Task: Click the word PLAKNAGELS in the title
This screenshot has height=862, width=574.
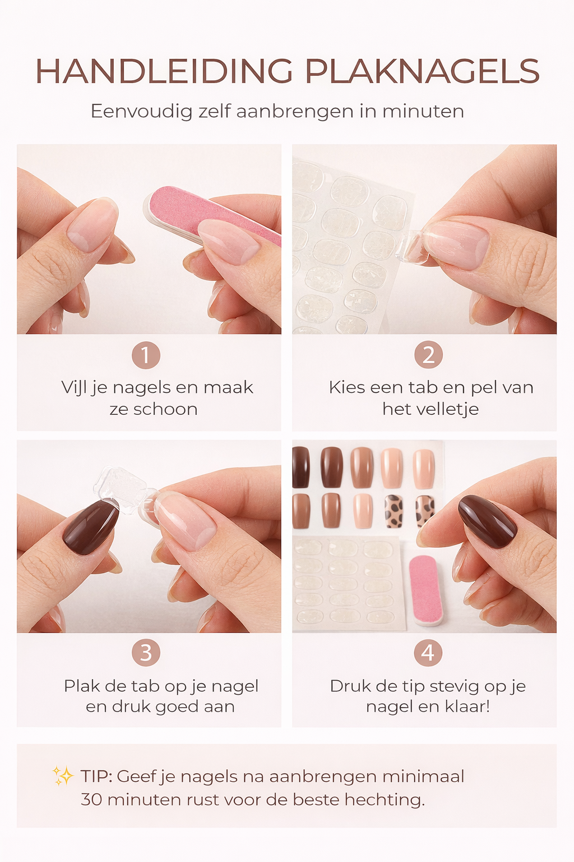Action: click(x=422, y=71)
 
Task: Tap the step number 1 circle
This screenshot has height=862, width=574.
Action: click(x=146, y=355)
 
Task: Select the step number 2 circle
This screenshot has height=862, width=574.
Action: click(x=428, y=355)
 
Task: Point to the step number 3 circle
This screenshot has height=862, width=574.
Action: click(x=146, y=653)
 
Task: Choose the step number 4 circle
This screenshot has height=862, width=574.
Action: click(x=428, y=653)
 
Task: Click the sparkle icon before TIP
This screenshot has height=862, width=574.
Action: click(x=63, y=776)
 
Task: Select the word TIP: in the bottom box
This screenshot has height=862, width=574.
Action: click(x=96, y=777)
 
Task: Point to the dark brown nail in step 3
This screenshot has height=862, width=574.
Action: click(x=90, y=527)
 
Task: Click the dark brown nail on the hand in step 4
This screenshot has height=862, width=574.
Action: click(x=487, y=521)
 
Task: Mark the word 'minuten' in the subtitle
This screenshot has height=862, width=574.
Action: click(x=423, y=111)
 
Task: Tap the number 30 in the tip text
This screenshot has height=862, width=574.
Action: click(x=91, y=799)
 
